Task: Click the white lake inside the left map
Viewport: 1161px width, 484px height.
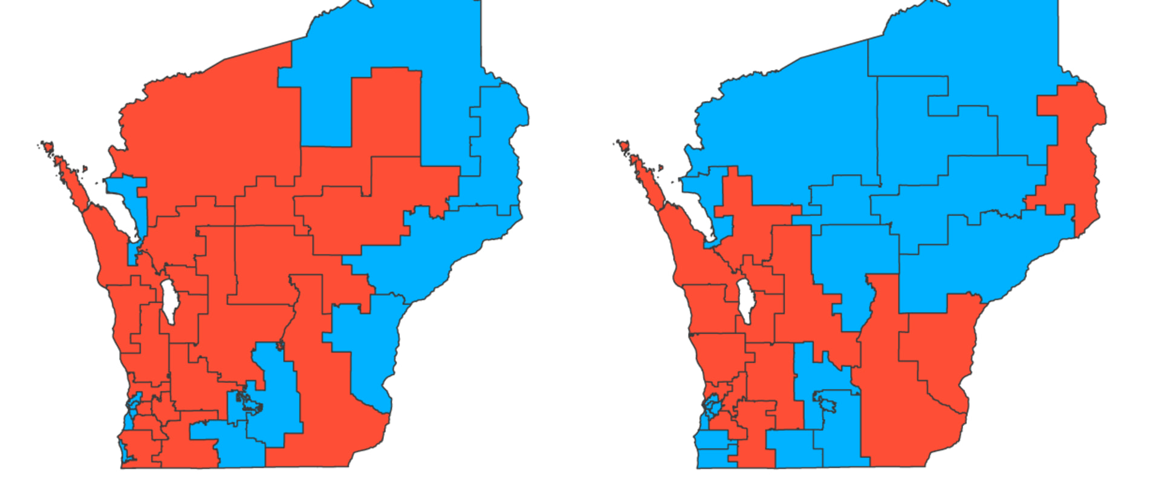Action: (169, 301)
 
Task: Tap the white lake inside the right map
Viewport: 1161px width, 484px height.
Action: (745, 301)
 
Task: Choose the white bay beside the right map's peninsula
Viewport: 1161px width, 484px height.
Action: (695, 206)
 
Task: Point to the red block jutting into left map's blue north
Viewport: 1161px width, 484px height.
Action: (387, 109)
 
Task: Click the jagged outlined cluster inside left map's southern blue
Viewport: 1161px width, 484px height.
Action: (248, 402)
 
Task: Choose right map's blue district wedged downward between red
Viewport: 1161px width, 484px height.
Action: (853, 266)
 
